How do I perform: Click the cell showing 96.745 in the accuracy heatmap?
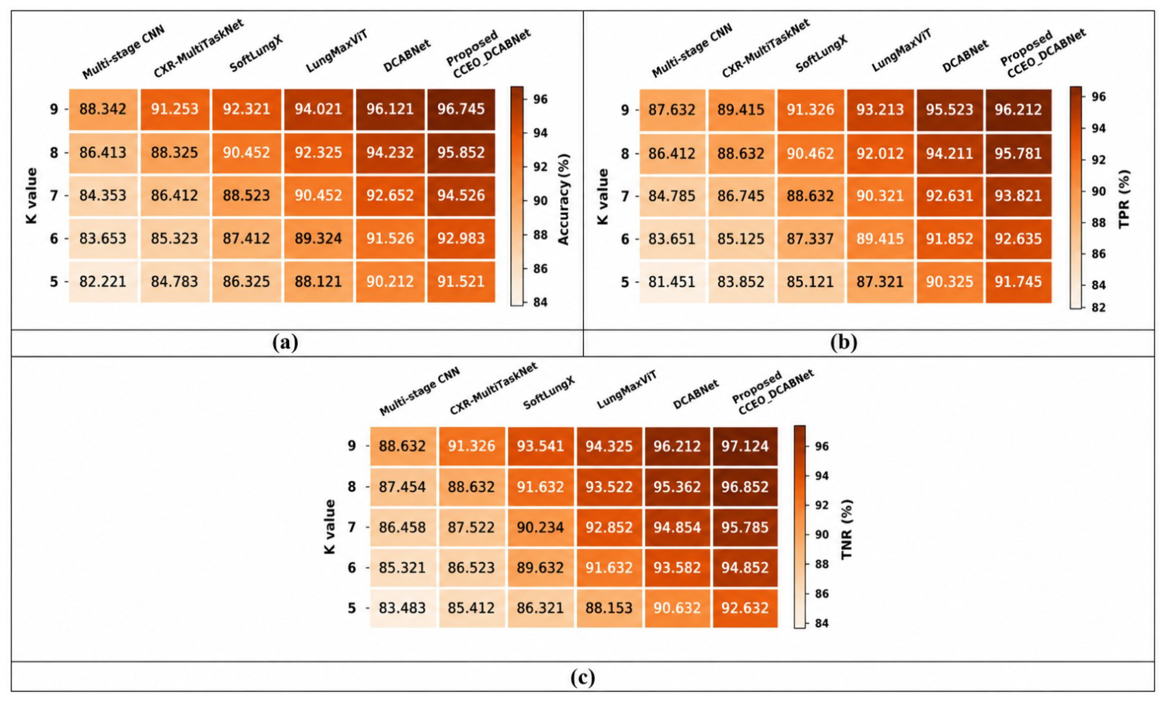coord(461,109)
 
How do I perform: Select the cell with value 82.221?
coord(103,281)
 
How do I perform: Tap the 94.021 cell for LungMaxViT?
coord(318,109)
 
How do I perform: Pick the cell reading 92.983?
coord(461,238)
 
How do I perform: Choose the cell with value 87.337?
coord(810,239)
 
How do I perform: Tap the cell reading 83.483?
coord(402,608)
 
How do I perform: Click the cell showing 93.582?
coord(677,568)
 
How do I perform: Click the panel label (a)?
coord(286,342)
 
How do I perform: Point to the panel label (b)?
coord(844,342)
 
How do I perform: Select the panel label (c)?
coord(582,677)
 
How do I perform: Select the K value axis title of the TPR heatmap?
coord(603,197)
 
